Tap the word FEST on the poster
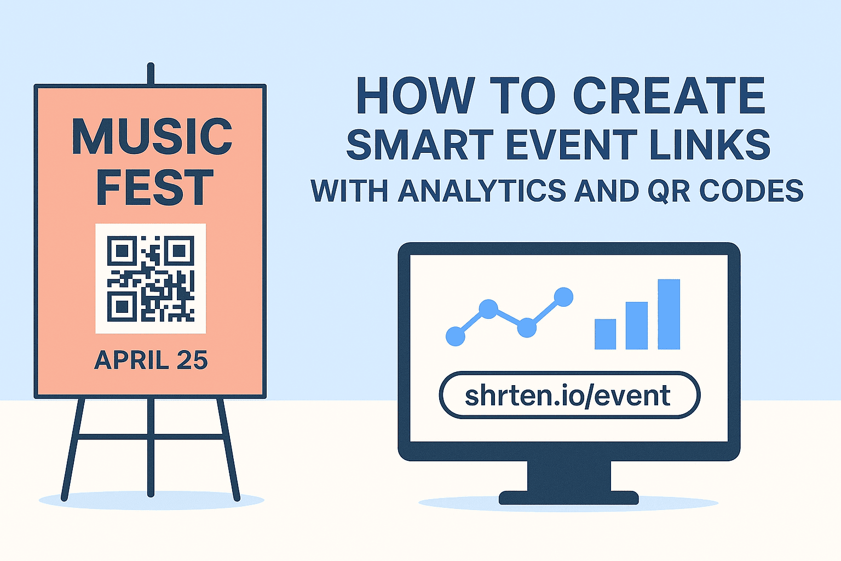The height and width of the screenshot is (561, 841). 155,187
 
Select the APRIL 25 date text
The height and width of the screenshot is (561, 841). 151,360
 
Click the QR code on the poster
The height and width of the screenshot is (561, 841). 151,278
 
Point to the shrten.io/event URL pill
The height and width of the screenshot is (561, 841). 569,395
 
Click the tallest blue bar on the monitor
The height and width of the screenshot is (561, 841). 669,314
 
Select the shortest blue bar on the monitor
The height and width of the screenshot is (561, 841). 605,334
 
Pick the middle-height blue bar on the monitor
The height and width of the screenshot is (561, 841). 636,325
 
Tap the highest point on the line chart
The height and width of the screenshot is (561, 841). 563,297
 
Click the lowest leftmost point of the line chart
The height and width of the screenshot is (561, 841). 456,336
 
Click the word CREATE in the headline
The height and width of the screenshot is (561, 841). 669,95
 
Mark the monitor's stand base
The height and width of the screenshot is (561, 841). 568,497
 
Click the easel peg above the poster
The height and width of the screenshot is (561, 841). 151,74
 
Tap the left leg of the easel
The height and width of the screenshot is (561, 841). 73,449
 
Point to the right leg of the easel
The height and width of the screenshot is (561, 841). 228,449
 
